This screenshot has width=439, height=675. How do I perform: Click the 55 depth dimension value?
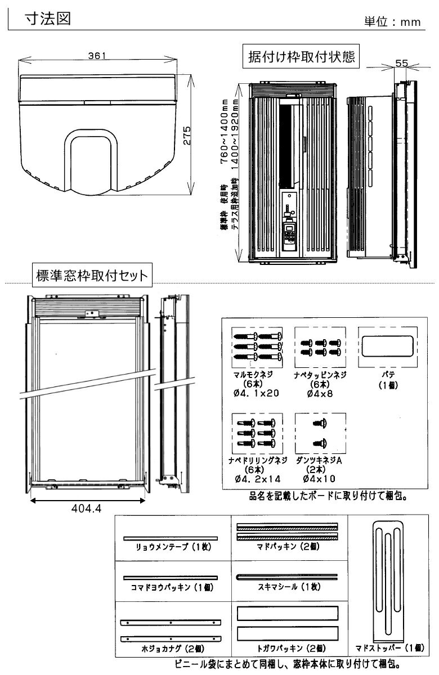click(402, 64)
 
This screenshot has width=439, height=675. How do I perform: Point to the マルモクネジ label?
click(256, 373)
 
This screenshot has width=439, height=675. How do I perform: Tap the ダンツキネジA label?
click(319, 460)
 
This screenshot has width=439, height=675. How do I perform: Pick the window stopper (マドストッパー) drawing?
click(388, 582)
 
